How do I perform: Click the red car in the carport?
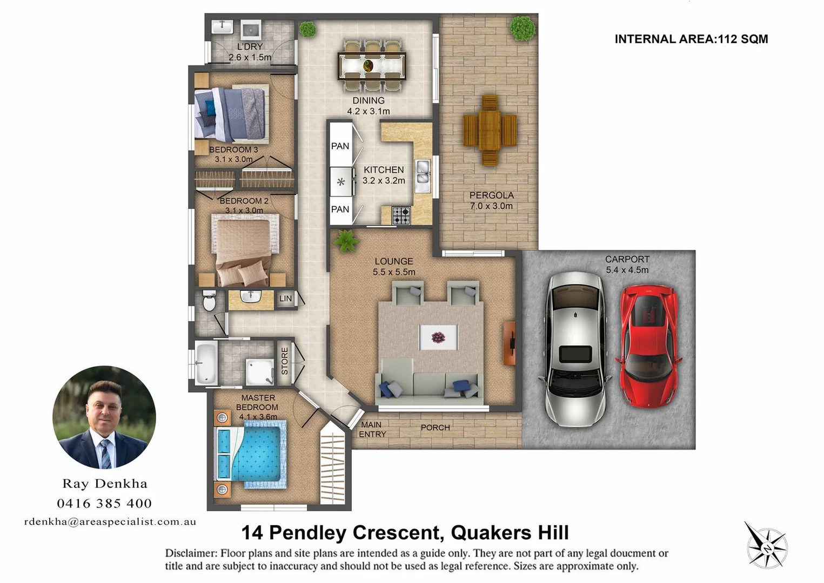click(648, 347)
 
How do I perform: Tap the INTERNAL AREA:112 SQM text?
click(691, 39)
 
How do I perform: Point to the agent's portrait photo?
click(104, 417)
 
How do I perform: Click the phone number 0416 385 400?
click(104, 504)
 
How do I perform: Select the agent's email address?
click(110, 522)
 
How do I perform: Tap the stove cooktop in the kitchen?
click(401, 215)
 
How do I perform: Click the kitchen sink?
click(423, 175)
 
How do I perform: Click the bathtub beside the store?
click(205, 363)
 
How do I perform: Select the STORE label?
click(285, 361)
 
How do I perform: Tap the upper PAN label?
click(340, 146)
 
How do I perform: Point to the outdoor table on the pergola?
click(490, 130)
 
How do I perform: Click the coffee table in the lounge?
click(438, 337)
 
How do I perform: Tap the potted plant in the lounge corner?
click(346, 241)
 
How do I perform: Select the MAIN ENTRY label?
click(372, 430)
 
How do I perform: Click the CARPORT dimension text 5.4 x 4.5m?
click(627, 270)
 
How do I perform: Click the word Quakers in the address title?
click(491, 533)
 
